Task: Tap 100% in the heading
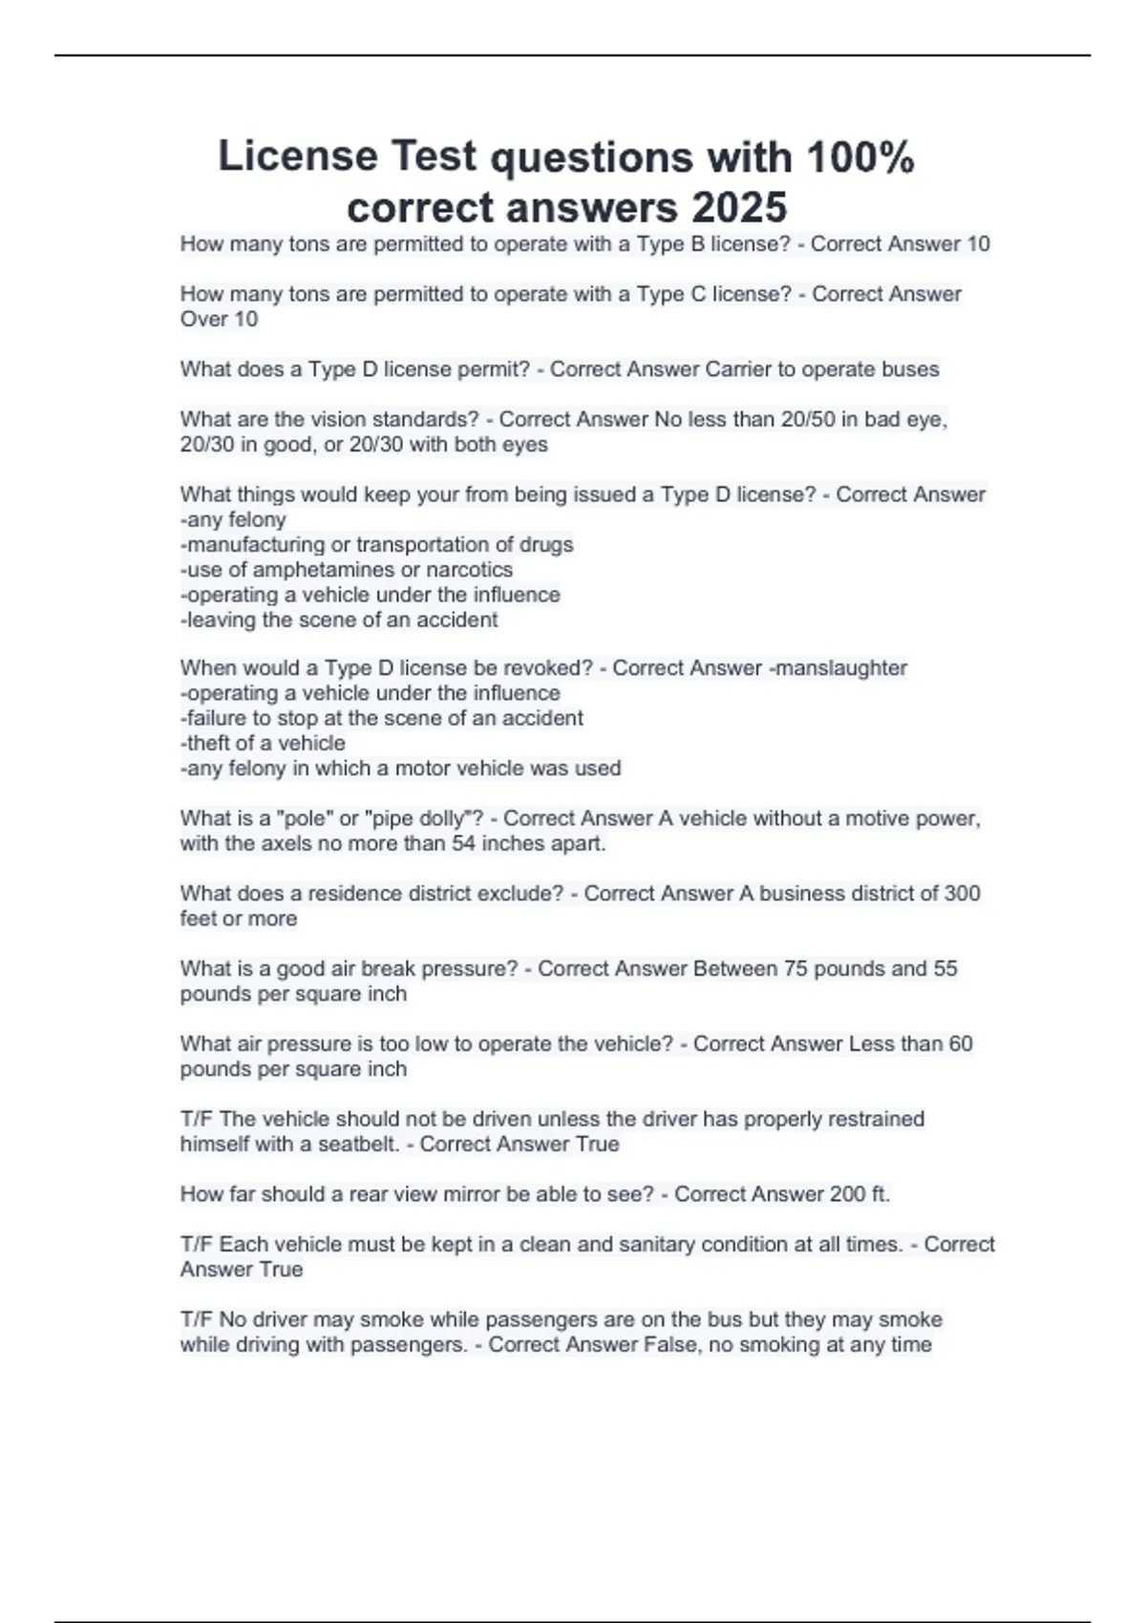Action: tap(860, 158)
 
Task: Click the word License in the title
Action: tap(298, 156)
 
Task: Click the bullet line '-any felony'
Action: tap(233, 519)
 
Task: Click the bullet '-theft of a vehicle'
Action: tap(263, 743)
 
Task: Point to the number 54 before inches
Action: tap(463, 844)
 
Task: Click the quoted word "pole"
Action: tap(304, 819)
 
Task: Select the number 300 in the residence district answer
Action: tap(962, 894)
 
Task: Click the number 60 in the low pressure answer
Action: tap(960, 1044)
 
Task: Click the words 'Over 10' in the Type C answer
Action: tap(219, 319)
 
